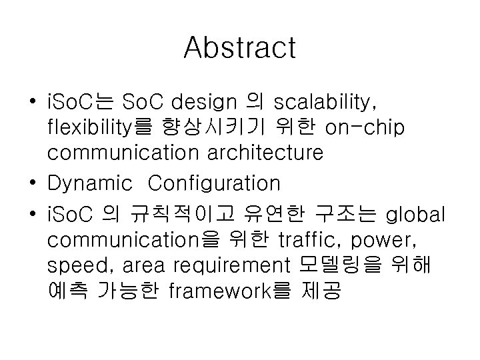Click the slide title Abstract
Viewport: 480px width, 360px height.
click(239, 47)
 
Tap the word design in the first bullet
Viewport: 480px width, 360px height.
click(204, 103)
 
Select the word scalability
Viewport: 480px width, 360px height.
click(325, 103)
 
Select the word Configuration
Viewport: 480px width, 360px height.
click(214, 182)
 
